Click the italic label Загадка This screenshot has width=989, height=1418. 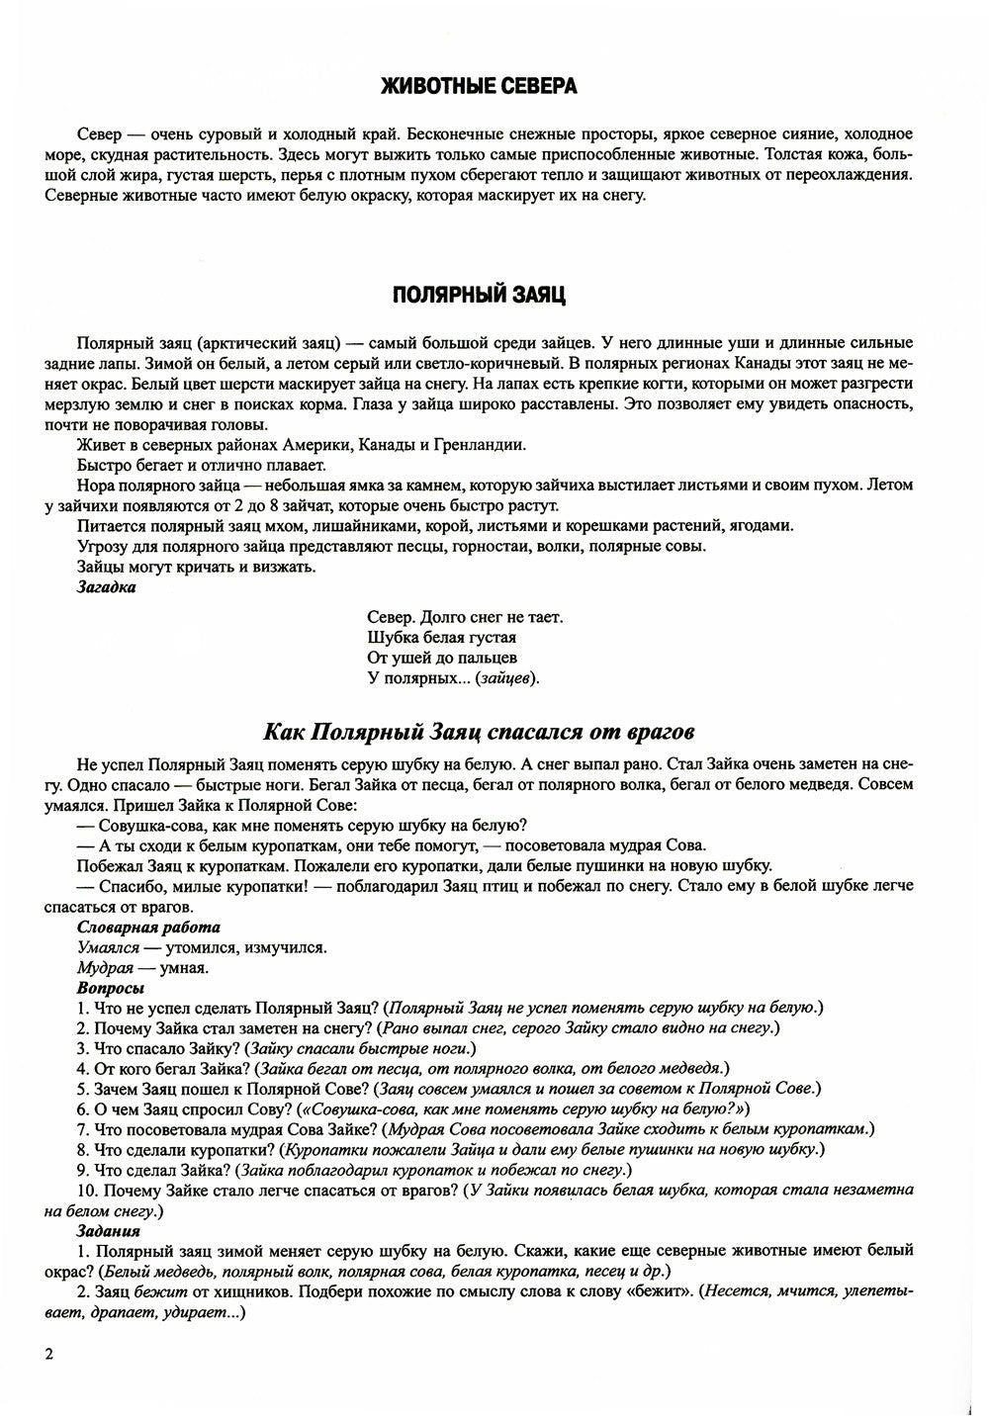tap(107, 587)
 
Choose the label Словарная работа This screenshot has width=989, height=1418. tap(148, 928)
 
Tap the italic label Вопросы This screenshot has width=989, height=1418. tap(111, 988)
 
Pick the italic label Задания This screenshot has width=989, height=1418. tap(108, 1231)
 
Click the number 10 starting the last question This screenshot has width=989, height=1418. tap(84, 1191)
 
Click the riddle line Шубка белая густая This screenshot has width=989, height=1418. tap(441, 638)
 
